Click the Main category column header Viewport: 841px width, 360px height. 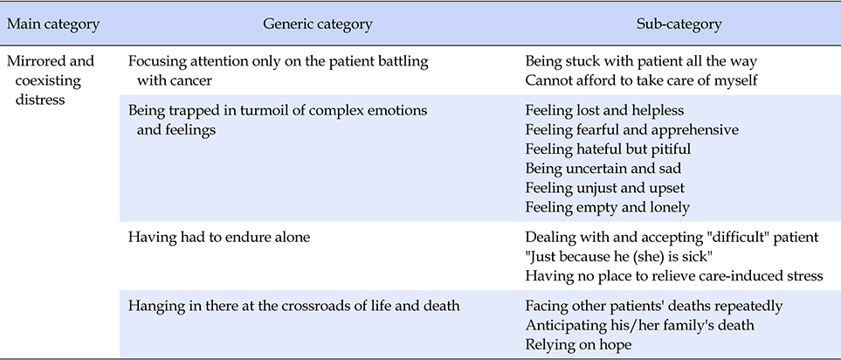(x=53, y=24)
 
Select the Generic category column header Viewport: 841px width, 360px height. (x=318, y=24)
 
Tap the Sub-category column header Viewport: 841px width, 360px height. (x=679, y=24)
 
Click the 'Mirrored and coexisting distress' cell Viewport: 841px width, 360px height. (x=51, y=80)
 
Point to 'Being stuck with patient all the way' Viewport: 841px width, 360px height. (x=641, y=61)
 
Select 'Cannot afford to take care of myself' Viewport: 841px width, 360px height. (x=641, y=80)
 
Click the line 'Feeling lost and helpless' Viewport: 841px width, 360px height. (x=604, y=110)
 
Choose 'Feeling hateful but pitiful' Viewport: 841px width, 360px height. (x=608, y=149)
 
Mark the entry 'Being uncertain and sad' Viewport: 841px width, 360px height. (x=603, y=168)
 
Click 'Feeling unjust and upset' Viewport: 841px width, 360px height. (x=605, y=188)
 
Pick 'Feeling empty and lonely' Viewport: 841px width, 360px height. (x=607, y=207)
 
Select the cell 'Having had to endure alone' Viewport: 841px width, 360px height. (x=219, y=237)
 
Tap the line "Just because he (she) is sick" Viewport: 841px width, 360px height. (x=618, y=256)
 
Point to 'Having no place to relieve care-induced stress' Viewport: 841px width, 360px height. (x=673, y=276)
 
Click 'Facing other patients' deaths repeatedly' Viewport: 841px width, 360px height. (x=654, y=306)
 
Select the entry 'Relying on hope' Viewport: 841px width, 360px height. (x=578, y=344)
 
